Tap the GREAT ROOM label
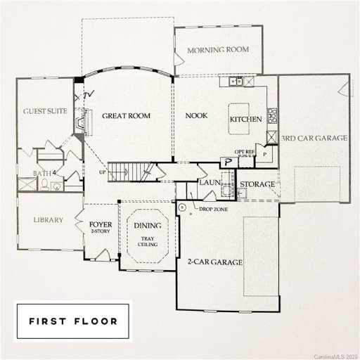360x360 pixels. click(x=127, y=115)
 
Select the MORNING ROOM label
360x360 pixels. click(x=218, y=49)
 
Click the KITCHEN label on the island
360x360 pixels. click(x=246, y=120)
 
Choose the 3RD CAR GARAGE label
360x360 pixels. click(x=314, y=139)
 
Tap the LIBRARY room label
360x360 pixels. click(x=49, y=220)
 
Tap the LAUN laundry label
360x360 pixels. click(x=210, y=182)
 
